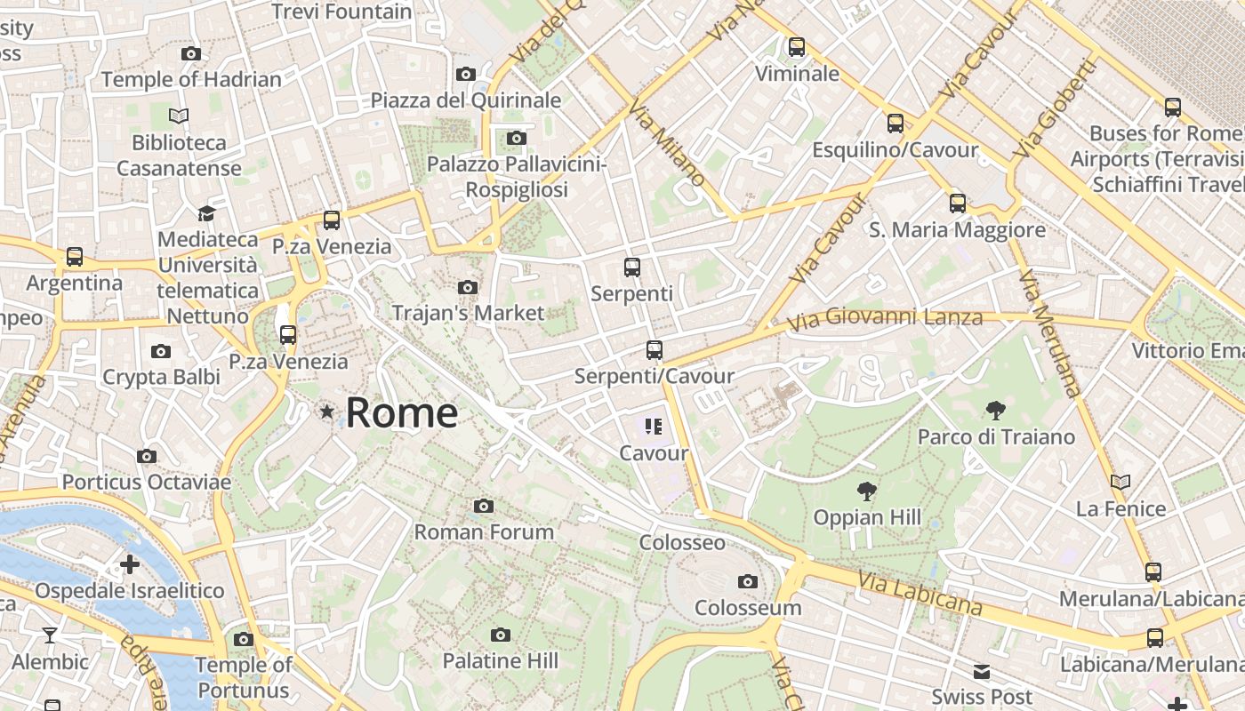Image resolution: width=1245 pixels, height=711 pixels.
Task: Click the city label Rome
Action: tap(401, 413)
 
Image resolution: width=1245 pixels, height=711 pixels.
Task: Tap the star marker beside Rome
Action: tap(327, 411)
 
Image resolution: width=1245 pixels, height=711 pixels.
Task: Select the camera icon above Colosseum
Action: tap(748, 581)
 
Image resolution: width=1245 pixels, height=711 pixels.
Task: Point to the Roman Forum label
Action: tap(484, 531)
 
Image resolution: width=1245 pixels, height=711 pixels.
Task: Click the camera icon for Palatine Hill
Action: tap(501, 635)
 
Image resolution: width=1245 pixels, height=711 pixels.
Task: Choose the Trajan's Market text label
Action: tap(468, 313)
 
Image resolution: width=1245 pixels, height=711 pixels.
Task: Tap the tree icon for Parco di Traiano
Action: tap(996, 411)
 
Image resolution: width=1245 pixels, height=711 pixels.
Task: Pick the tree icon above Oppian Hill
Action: tap(866, 491)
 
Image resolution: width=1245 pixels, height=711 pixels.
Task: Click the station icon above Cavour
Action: tap(655, 427)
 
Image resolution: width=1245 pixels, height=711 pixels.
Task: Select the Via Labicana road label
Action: tap(920, 594)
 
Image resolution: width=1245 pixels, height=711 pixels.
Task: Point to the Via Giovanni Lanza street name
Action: tap(884, 317)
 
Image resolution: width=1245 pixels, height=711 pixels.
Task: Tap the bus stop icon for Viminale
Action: tap(797, 47)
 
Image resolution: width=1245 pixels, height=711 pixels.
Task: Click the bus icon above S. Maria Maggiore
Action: tap(958, 204)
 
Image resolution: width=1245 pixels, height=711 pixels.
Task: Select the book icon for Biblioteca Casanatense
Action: tap(179, 116)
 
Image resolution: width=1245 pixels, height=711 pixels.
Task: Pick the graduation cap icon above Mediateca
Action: tap(206, 213)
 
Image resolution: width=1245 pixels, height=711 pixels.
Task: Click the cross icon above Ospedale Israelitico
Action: tap(130, 564)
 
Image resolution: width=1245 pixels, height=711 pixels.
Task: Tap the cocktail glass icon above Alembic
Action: tap(50, 635)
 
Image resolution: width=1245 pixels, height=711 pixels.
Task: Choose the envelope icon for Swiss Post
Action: tap(982, 671)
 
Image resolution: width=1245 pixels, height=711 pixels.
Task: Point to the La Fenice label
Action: tap(1120, 509)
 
